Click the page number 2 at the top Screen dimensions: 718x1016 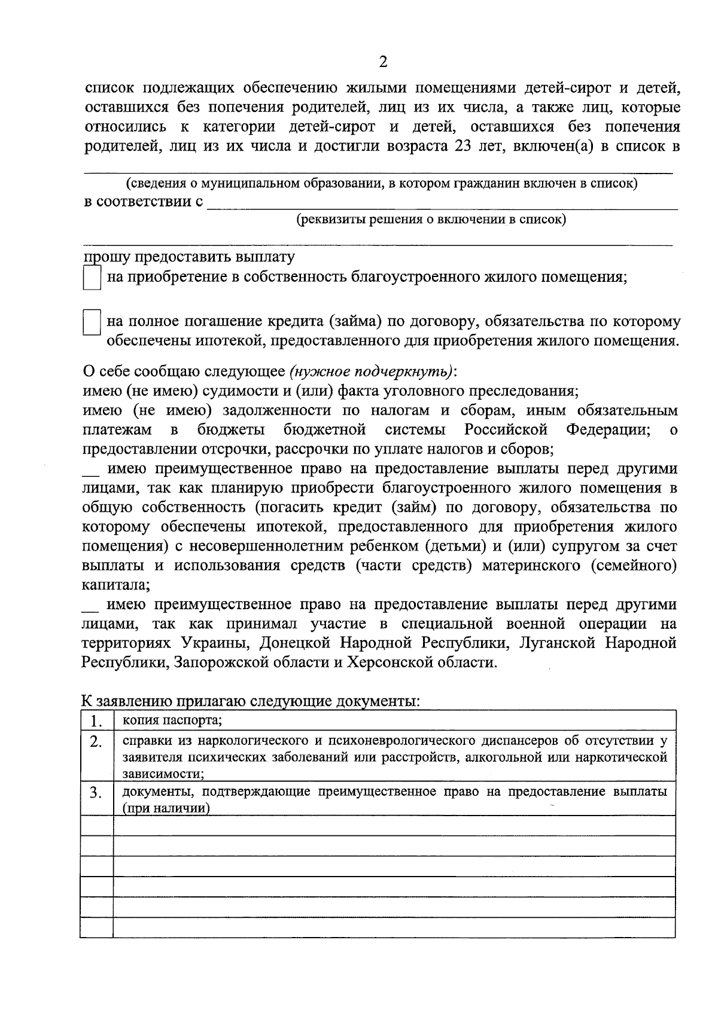coord(383,62)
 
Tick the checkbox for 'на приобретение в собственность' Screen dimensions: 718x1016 coord(92,278)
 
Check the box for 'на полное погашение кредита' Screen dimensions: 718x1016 coord(92,323)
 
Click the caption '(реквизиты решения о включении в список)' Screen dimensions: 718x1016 coord(431,220)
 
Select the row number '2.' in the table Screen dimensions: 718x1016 coord(96,743)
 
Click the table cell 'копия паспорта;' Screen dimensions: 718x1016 coord(172,720)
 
